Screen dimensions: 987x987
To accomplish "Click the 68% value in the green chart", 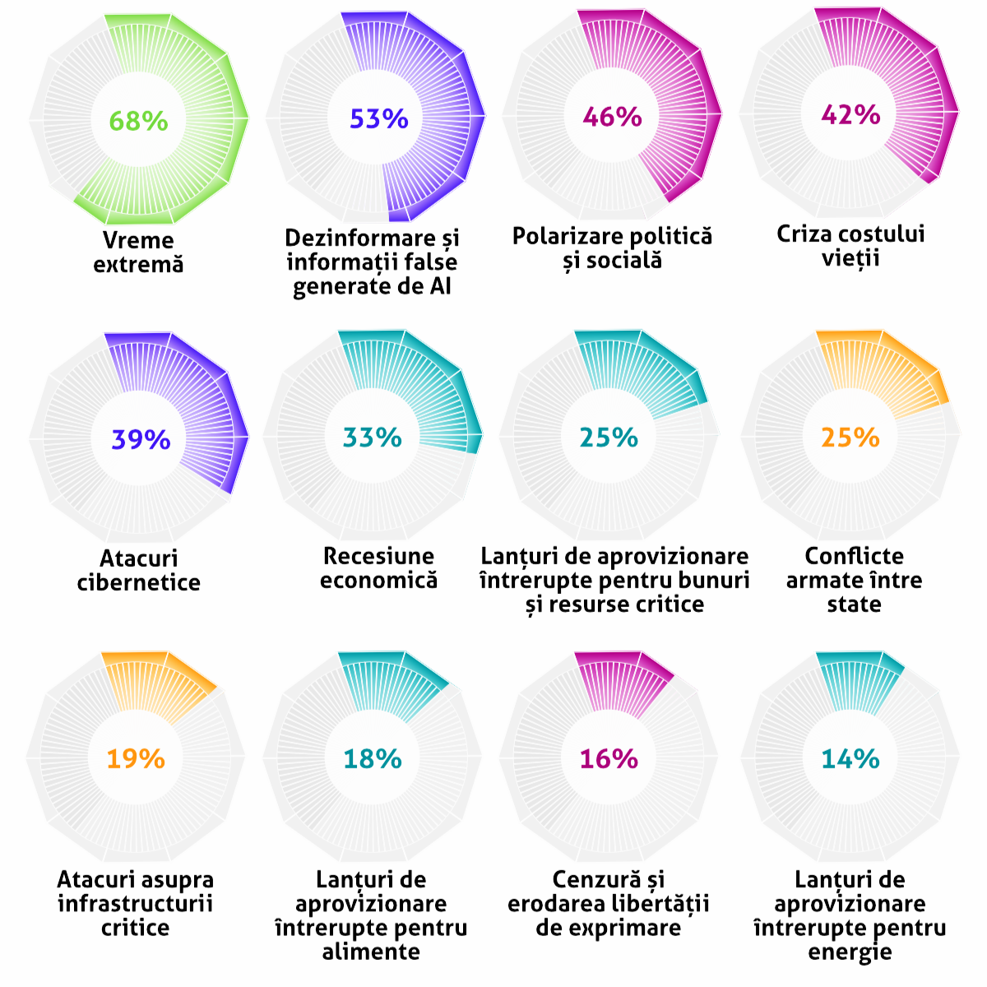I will point(138,121).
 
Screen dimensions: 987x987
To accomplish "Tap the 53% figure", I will point(378,119).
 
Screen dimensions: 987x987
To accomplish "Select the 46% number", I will point(612,117).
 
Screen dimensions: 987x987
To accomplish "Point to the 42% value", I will point(850,114).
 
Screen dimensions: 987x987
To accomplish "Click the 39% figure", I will point(141,439).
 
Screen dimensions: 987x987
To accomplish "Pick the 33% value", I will point(372,437).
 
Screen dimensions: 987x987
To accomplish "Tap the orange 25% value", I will point(850,437).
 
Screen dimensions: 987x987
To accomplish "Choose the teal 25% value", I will point(609,437).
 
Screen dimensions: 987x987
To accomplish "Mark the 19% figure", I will point(136,758).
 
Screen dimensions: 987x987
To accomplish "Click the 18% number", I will point(372,758).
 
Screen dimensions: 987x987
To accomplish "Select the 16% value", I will point(609,758).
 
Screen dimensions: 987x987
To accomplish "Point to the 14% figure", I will point(850,758).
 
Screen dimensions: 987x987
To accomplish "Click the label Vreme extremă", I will point(138,253).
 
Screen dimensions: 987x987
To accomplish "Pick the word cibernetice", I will point(138,582).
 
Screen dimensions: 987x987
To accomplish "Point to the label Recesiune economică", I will point(378,568).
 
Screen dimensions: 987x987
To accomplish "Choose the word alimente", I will point(371,952).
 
